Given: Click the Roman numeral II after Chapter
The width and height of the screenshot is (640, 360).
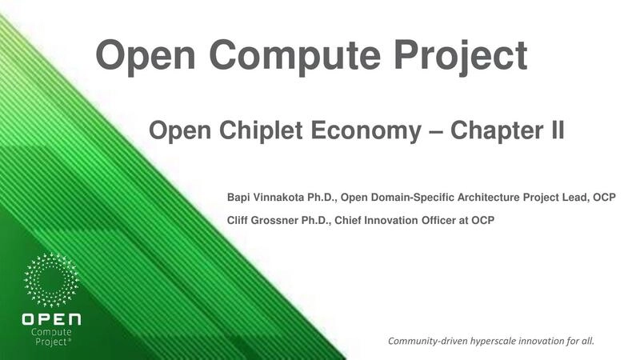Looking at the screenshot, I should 554,130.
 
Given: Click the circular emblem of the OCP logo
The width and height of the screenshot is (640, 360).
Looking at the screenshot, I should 52,281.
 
